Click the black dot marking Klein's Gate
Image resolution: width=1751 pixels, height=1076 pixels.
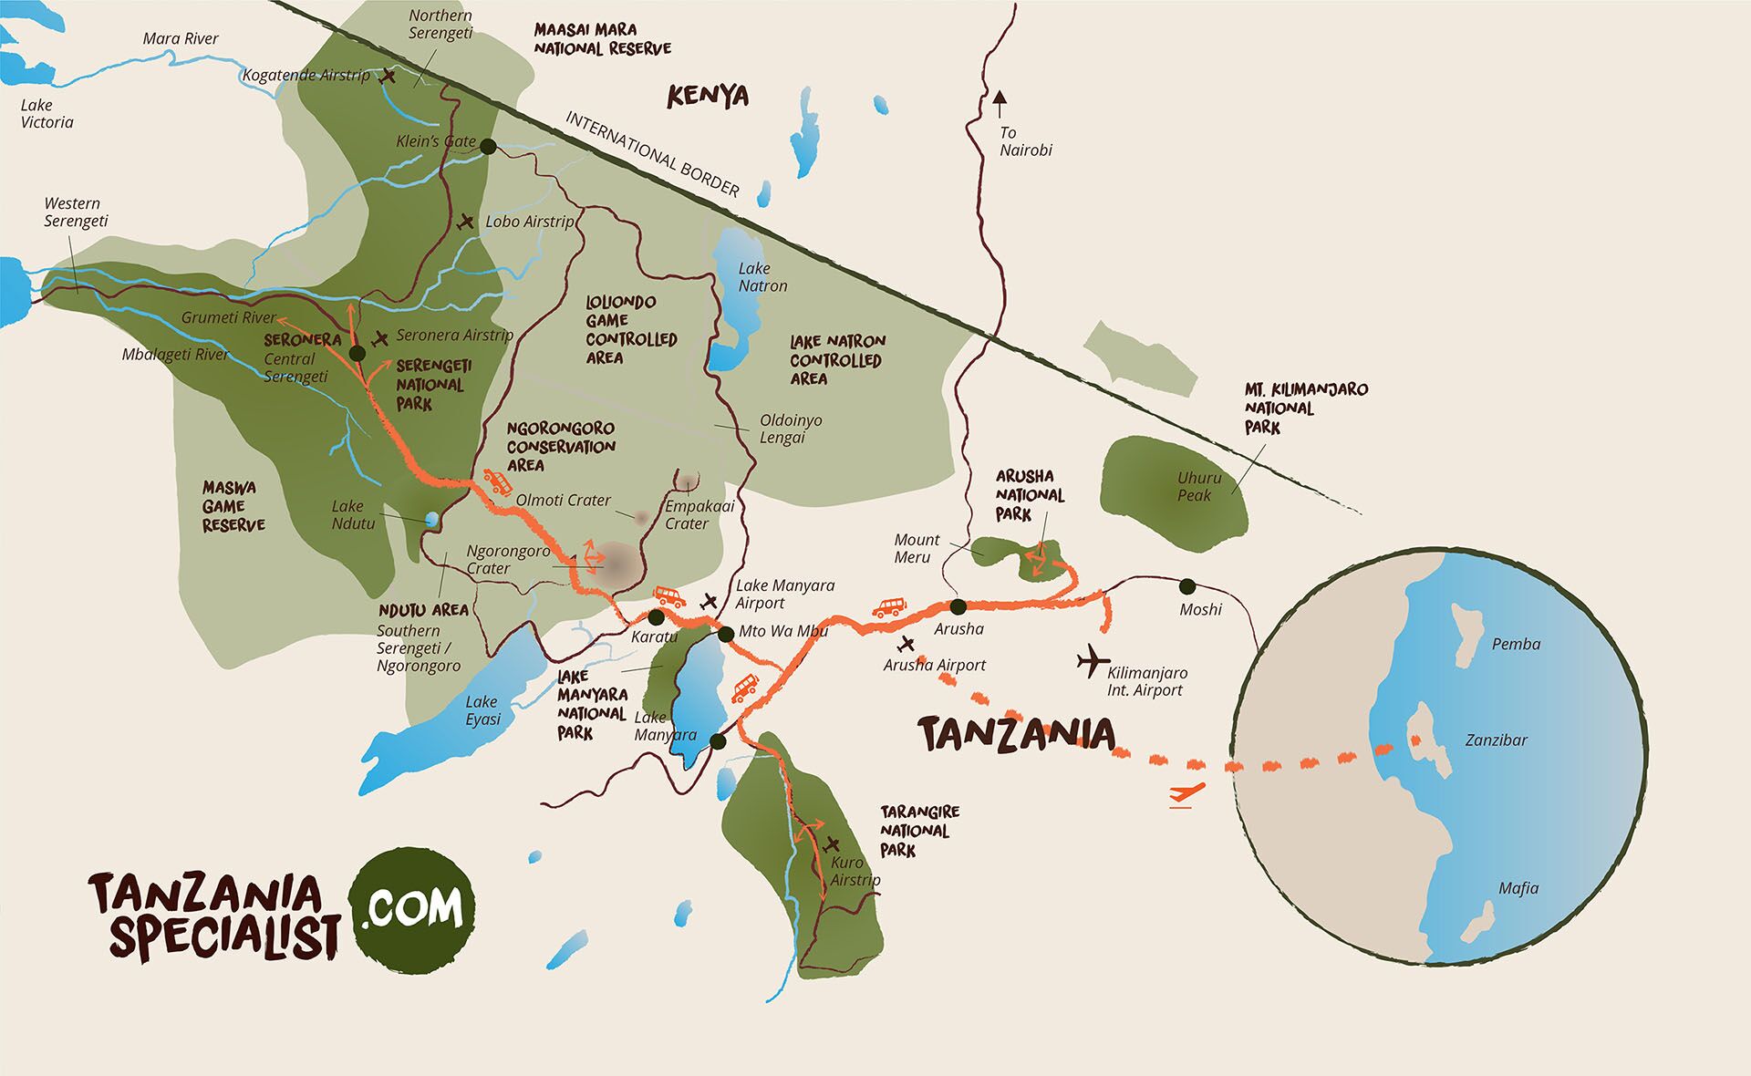tap(488, 146)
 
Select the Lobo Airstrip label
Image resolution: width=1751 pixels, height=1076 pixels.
tap(530, 222)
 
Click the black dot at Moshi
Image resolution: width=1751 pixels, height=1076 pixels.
tap(1186, 585)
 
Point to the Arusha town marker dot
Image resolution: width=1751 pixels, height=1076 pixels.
tap(958, 606)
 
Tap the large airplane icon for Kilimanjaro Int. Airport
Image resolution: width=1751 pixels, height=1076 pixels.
tap(1091, 661)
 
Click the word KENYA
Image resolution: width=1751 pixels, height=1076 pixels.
tap(708, 96)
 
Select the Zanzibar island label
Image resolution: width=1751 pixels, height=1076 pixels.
tap(1496, 740)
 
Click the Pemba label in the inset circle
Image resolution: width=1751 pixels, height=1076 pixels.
tap(1516, 644)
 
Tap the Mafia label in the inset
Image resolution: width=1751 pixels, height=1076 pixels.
tap(1518, 888)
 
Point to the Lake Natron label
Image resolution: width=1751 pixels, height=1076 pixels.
tap(762, 277)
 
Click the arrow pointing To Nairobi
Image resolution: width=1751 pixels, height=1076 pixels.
tap(1000, 103)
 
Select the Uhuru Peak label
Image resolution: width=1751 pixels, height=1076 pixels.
tap(1198, 486)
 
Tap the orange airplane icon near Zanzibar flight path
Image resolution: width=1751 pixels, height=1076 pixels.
tap(1186, 793)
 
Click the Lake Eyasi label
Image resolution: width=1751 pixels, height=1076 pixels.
tap(482, 710)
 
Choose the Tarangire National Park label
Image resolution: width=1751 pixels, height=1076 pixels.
tap(919, 831)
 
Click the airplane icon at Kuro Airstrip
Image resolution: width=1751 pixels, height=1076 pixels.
tap(831, 843)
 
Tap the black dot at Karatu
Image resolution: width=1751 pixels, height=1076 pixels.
tap(656, 617)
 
